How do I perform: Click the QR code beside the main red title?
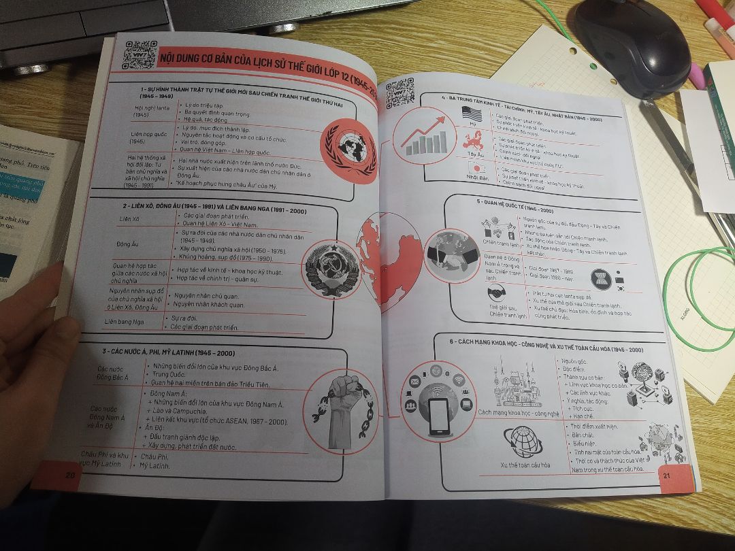(140, 54)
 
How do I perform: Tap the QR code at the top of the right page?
(399, 93)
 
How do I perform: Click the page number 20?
(69, 474)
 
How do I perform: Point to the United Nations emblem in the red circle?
(348, 151)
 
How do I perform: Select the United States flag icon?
(471, 113)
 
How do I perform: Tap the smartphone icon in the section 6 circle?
(438, 414)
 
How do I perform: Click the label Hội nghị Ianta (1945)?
(150, 111)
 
